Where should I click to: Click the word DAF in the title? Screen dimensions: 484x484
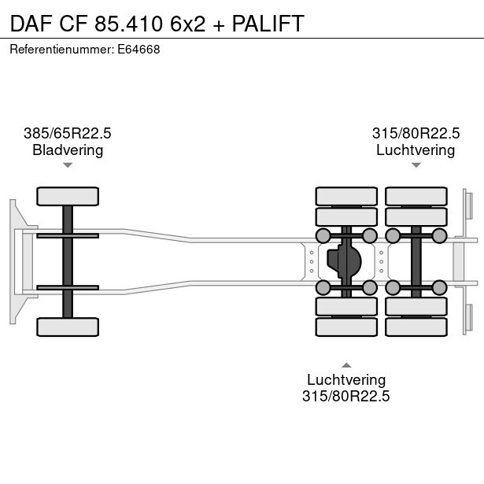tap(31, 24)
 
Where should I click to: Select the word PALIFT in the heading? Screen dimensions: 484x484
tap(268, 24)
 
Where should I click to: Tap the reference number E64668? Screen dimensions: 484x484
tap(139, 49)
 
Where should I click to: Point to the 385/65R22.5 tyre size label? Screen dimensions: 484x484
tap(68, 133)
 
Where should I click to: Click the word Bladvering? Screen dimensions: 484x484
tap(68, 150)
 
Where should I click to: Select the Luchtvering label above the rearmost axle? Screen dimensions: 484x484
tap(416, 150)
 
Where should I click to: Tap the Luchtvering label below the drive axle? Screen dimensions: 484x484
tap(346, 379)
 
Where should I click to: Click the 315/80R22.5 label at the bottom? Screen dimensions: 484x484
tap(346, 396)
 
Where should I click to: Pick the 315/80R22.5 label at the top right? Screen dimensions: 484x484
tap(416, 133)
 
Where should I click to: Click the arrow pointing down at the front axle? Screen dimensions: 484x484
tap(68, 165)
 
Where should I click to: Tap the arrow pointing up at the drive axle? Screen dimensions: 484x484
tap(346, 364)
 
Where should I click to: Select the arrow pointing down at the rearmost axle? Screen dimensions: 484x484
tap(416, 165)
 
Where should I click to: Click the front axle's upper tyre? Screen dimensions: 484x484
tap(68, 196)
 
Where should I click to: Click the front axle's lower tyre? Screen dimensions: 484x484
tap(68, 326)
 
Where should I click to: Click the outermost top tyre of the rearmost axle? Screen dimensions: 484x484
tap(416, 196)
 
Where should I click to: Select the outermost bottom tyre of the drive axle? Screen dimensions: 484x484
tap(346, 326)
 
